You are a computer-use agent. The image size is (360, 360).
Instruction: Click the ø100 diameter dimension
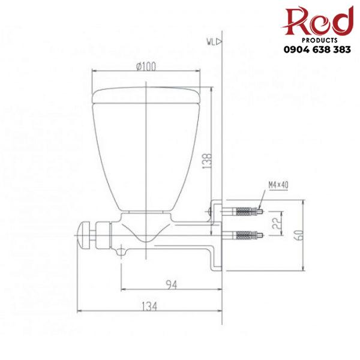click(x=146, y=66)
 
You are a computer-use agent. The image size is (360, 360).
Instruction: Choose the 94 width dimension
click(x=171, y=284)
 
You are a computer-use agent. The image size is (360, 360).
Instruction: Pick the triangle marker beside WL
click(x=219, y=41)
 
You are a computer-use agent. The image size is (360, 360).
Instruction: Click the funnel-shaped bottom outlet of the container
click(x=147, y=231)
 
